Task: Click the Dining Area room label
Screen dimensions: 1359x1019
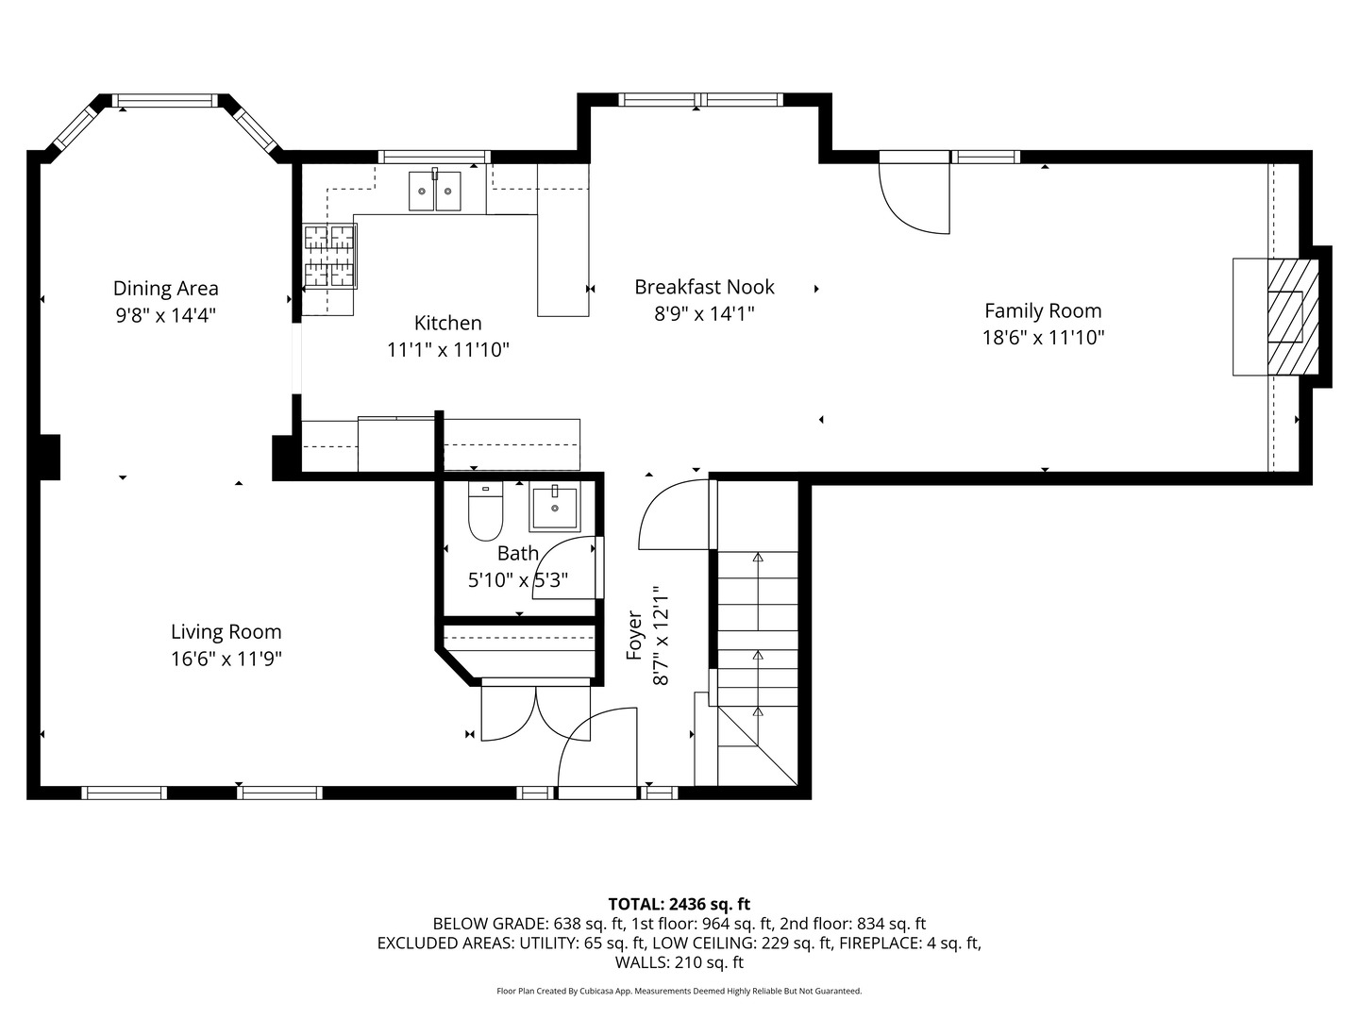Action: [165, 289]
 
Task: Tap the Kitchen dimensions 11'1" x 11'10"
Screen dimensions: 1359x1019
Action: [447, 350]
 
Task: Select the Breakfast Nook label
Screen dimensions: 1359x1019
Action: [704, 287]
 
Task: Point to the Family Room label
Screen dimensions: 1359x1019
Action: [1043, 310]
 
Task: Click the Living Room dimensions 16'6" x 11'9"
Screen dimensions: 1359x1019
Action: [226, 660]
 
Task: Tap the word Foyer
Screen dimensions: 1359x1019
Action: [634, 635]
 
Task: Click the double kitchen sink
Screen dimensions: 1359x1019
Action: [435, 191]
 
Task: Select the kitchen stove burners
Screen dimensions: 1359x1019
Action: [329, 256]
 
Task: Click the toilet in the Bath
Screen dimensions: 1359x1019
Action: [485, 511]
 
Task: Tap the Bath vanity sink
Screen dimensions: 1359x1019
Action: [555, 508]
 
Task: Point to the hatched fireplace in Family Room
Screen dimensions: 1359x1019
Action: [1292, 316]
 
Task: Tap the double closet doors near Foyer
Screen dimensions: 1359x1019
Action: [535, 711]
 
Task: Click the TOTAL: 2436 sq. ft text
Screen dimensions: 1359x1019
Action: [679, 905]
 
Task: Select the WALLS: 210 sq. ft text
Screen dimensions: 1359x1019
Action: [679, 962]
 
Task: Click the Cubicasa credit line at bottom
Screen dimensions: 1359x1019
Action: [679, 991]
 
